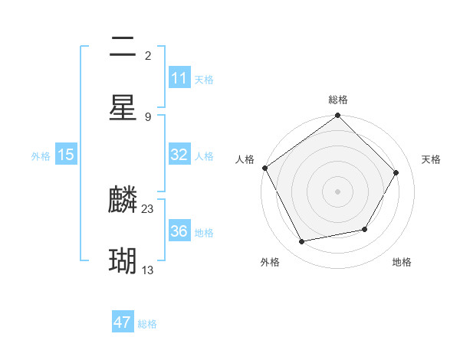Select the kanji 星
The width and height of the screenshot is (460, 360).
pyautogui.click(x=123, y=106)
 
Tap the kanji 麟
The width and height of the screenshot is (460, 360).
pyautogui.click(x=123, y=201)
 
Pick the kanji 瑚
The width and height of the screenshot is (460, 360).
pyautogui.click(x=123, y=261)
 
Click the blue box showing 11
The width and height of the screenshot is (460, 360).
pyautogui.click(x=179, y=78)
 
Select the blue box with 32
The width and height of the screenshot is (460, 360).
pyautogui.click(x=179, y=155)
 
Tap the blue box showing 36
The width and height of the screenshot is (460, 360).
pyautogui.click(x=179, y=231)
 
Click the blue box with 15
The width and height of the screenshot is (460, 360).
pyautogui.click(x=66, y=155)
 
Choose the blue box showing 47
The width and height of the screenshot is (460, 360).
pyautogui.click(x=123, y=322)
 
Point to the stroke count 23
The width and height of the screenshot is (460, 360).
pyautogui.click(x=148, y=208)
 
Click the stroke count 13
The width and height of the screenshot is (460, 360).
pyautogui.click(x=148, y=269)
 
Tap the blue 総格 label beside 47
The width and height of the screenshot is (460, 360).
pyautogui.click(x=147, y=324)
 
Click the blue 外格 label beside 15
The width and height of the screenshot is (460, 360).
pyautogui.click(x=41, y=156)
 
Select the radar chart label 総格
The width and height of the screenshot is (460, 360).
pyautogui.click(x=338, y=100)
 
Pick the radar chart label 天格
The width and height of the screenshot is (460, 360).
pyautogui.click(x=432, y=159)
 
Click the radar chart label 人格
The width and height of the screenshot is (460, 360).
pyautogui.click(x=245, y=159)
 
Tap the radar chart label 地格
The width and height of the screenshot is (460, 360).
pyautogui.click(x=402, y=262)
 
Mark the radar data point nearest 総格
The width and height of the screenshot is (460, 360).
pyautogui.click(x=338, y=116)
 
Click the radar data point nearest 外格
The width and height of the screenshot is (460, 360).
pyautogui.click(x=302, y=242)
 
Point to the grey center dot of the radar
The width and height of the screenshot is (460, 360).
pyautogui.click(x=338, y=191)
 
